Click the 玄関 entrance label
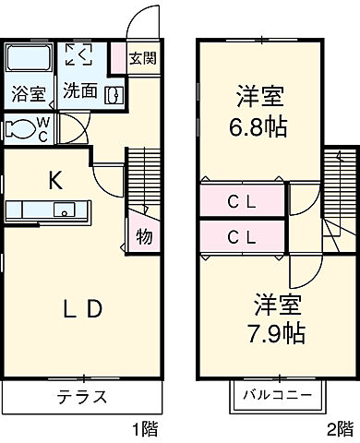coord(142,58)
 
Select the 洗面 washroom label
coord(80,92)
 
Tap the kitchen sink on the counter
coord(65,210)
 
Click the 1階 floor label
coord(144,429)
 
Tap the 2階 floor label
coord(339,429)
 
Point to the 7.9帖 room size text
coord(279,329)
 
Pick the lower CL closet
coord(242,235)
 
